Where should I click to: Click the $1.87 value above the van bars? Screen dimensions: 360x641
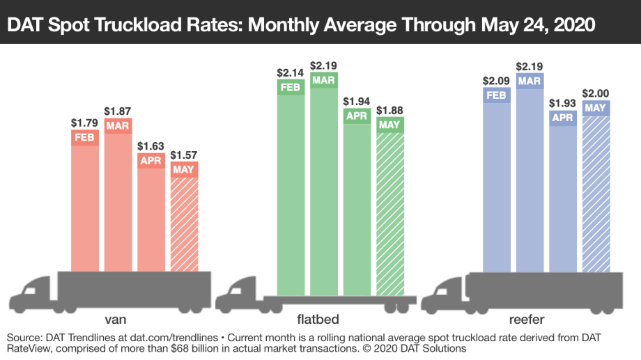(x=118, y=111)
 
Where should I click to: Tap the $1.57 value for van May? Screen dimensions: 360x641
(x=185, y=154)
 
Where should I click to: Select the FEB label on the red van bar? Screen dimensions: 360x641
(x=85, y=138)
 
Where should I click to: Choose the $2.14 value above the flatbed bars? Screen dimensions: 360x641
(x=291, y=72)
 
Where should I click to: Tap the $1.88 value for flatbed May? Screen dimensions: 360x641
(x=390, y=110)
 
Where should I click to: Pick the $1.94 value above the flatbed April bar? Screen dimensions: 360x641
(x=357, y=102)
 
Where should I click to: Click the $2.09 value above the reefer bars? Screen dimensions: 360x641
(x=497, y=80)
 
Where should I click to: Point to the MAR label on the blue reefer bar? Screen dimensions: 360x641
(x=530, y=81)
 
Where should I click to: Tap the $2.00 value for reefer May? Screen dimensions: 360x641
(x=596, y=94)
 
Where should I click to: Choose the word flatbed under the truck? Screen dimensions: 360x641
(x=316, y=320)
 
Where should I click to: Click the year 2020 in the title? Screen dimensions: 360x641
(x=569, y=25)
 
